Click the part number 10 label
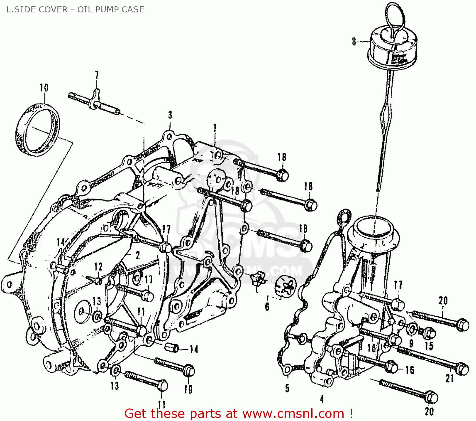click(x=44, y=87)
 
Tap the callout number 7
click(x=97, y=76)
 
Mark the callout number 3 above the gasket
click(x=170, y=115)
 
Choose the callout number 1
click(x=215, y=128)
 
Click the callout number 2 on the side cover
click(x=137, y=255)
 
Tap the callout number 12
click(x=98, y=267)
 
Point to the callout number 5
click(x=287, y=388)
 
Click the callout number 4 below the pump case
click(x=322, y=399)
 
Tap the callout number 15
click(x=429, y=346)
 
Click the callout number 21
click(x=450, y=378)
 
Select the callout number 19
click(x=188, y=389)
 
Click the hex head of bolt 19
click(x=189, y=371)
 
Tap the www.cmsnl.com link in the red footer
click(x=293, y=414)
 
